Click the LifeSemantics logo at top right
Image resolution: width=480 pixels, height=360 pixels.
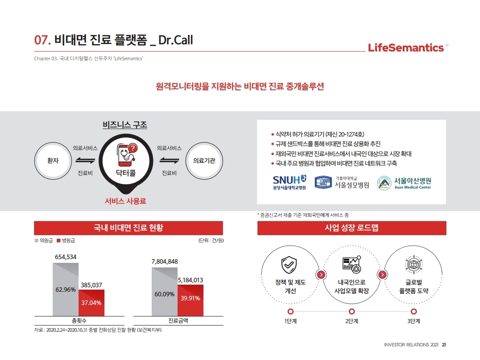tap(406, 47)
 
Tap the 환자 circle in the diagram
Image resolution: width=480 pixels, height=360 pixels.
tap(53, 160)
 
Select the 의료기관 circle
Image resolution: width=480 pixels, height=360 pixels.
tap(204, 160)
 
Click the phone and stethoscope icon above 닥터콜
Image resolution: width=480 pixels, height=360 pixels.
tap(127, 155)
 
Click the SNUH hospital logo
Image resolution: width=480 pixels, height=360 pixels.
tap(289, 182)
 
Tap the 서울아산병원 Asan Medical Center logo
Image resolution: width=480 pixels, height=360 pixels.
tap(405, 182)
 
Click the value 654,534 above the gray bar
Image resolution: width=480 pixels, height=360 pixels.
tap(66, 256)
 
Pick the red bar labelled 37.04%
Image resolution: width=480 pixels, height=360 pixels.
tap(92, 303)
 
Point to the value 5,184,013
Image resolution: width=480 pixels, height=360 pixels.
tap(190, 280)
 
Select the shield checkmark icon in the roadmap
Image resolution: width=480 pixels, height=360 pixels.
tap(290, 264)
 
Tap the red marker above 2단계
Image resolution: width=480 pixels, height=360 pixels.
tap(352, 311)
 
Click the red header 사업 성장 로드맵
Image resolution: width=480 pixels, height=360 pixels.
tap(351, 228)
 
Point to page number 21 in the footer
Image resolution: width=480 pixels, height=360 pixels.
tap(444, 345)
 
